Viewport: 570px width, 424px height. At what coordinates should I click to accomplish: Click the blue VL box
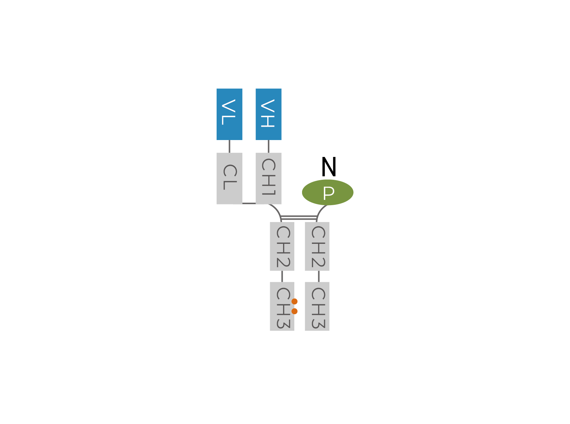[x=229, y=114]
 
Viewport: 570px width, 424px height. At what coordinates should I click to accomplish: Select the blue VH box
[x=268, y=114]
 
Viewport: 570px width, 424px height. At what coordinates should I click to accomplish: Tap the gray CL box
[x=229, y=178]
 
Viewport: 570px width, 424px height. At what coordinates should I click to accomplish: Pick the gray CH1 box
[x=268, y=178]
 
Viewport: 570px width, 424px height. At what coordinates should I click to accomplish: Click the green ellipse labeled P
[x=328, y=192]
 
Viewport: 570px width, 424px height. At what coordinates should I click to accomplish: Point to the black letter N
[x=329, y=167]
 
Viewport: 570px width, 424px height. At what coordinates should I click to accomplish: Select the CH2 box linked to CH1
[x=282, y=246]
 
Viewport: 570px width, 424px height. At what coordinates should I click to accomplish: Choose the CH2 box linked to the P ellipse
[x=317, y=246]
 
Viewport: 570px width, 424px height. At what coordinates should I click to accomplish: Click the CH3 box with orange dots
[x=282, y=306]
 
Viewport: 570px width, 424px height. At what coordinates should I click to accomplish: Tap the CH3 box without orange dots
[x=317, y=306]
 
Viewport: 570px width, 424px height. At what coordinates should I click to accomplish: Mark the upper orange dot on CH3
[x=295, y=301]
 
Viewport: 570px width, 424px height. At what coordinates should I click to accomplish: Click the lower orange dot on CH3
[x=295, y=311]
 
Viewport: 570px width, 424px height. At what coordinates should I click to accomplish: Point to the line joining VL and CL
[x=230, y=146]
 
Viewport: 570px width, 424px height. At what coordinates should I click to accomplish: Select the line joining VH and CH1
[x=269, y=146]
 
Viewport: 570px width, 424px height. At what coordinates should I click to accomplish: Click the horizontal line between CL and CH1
[x=249, y=203]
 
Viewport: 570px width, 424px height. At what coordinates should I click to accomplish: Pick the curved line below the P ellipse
[x=320, y=211]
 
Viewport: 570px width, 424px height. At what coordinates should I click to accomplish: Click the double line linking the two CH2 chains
[x=299, y=218]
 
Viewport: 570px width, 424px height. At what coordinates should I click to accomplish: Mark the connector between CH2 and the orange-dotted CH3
[x=282, y=276]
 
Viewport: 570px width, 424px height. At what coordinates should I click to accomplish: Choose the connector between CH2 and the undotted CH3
[x=319, y=276]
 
